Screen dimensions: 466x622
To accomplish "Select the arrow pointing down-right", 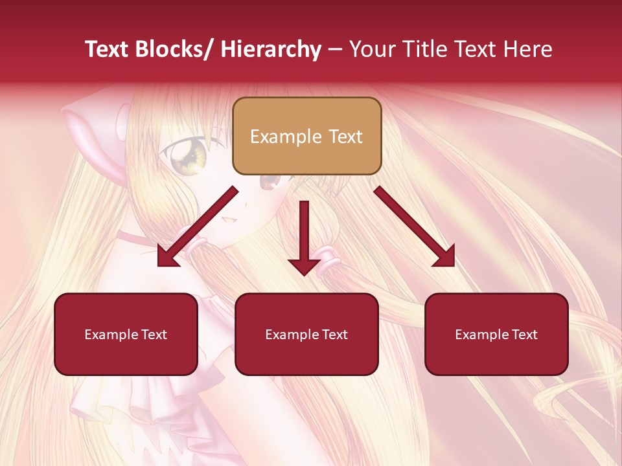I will click(x=415, y=227).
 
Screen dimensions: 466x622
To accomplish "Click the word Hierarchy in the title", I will click(x=270, y=49).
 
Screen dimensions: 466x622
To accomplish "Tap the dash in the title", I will click(x=335, y=49).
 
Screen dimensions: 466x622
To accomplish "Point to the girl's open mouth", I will click(x=228, y=222).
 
